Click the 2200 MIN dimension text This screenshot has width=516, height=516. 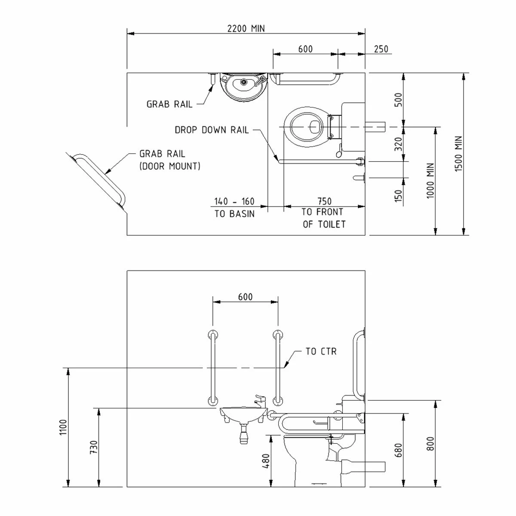pos(246,29)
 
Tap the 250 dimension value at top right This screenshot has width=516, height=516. pos(381,49)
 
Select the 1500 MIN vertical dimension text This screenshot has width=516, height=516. pos(459,155)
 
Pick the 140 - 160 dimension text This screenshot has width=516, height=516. pos(234,201)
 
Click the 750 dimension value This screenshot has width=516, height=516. pos(324,201)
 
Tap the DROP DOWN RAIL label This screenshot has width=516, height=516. pos(212,130)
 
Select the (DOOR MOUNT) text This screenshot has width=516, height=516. pos(170,166)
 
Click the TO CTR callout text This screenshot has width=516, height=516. pos(321,351)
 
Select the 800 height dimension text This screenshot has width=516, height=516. pos(431,444)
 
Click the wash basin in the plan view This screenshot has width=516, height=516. pos(244,86)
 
